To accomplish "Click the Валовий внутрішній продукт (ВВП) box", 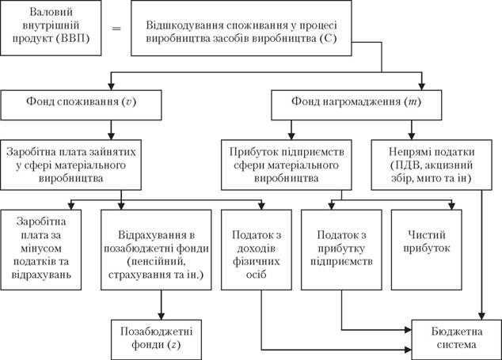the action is (51, 28).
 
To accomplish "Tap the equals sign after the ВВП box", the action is (116, 28).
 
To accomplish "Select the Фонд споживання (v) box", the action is (81, 105).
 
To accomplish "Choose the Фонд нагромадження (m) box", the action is (356, 105).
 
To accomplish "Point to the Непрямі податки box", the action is (432, 165).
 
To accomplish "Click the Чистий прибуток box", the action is (427, 250).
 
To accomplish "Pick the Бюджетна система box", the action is (457, 339).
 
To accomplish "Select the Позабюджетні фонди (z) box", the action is (156, 339).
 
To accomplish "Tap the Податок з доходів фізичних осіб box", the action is (257, 250).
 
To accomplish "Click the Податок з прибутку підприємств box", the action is (341, 250).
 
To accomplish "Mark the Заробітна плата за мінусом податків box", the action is (41, 250).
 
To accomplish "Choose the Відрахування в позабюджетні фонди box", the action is (156, 250).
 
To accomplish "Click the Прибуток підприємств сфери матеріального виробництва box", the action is (286, 165).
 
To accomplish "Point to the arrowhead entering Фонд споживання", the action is (111, 86).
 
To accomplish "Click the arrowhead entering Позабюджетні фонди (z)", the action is (161, 316).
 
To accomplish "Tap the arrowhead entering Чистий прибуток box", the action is (452, 207).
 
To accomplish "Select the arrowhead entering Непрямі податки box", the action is (412, 136).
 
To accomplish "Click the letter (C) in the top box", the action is (328, 39).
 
